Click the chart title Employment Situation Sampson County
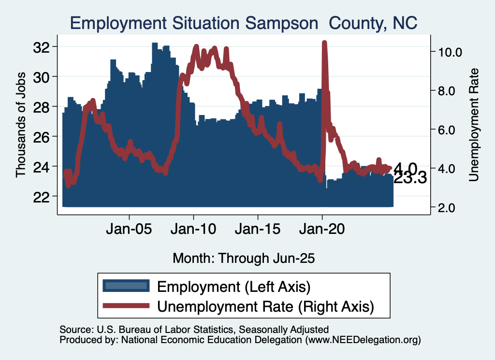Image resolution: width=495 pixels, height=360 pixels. [x=244, y=23]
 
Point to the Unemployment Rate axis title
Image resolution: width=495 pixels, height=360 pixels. [x=474, y=125]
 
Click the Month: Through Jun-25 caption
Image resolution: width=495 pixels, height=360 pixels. [x=244, y=258]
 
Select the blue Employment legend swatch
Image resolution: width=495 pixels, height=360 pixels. [x=126, y=287]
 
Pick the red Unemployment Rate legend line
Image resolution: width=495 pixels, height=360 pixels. [x=126, y=305]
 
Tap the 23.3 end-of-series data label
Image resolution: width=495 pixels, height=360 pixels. [x=410, y=179]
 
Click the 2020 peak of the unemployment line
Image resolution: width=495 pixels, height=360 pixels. [x=324, y=43]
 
